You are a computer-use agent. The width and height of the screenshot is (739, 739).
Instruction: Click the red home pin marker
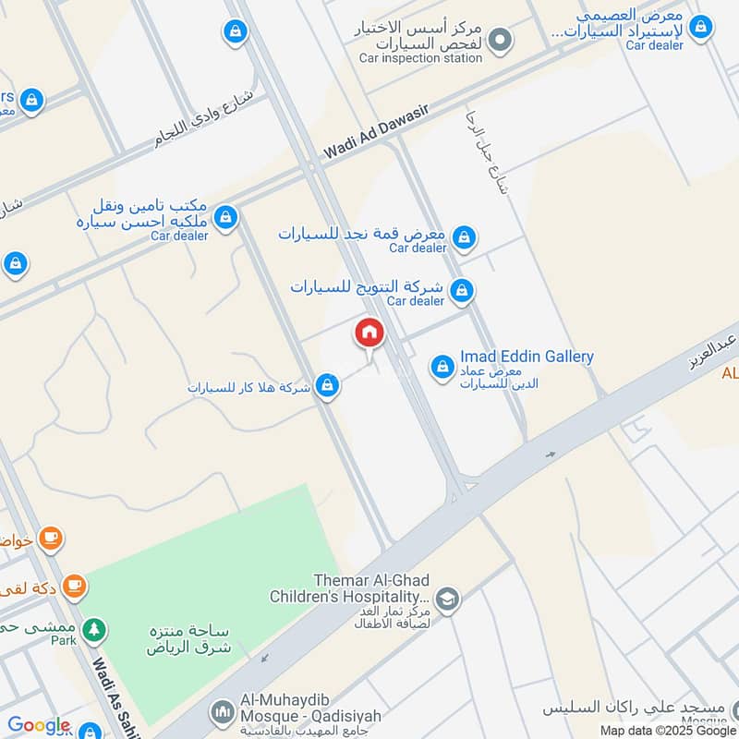[x=369, y=333]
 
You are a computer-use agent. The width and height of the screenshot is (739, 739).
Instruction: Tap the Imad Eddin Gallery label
[x=527, y=357]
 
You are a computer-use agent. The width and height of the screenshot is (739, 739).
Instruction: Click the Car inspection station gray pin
[x=500, y=40]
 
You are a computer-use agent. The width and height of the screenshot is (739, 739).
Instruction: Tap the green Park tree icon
[x=93, y=630]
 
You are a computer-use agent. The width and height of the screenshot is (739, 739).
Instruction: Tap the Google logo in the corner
[x=39, y=726]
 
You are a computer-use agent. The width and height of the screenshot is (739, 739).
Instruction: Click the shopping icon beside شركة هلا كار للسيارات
[x=326, y=386]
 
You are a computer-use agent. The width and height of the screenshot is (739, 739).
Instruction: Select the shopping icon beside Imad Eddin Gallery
[x=442, y=367]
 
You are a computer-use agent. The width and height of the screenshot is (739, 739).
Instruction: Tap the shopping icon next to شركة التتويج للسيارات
[x=462, y=292]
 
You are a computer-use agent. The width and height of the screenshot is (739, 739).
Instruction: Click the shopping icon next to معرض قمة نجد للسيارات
[x=465, y=238]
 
